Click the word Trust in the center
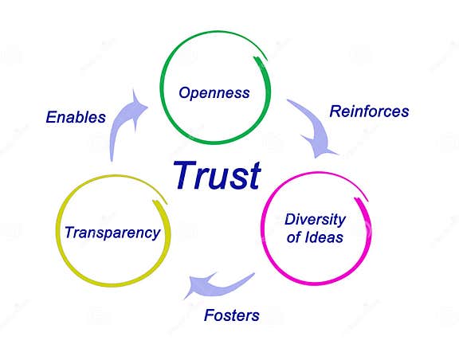pyautogui.click(x=217, y=175)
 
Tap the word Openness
pyautogui.click(x=214, y=93)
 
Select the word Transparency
pyautogui.click(x=112, y=233)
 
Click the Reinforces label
pyautogui.click(x=369, y=112)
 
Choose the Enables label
pyautogui.click(x=76, y=117)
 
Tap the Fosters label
pyautogui.click(x=232, y=315)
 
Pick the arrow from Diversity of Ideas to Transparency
pyautogui.click(x=215, y=284)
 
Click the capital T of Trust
pyautogui.click(x=182, y=175)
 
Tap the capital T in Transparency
pyautogui.click(x=69, y=233)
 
